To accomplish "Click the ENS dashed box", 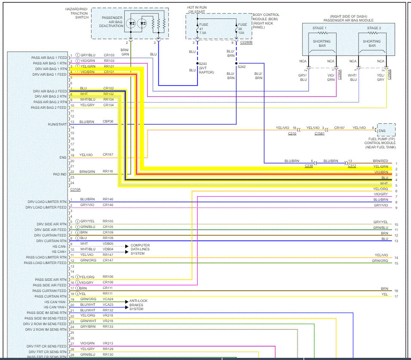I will pos(386,130).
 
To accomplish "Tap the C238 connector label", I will pos(309,166).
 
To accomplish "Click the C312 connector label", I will pos(352,166).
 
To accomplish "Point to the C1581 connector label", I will pos(319,133).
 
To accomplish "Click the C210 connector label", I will pos(292,133).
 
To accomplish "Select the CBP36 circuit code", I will pos(108,122).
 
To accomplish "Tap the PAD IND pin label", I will pos(59,174).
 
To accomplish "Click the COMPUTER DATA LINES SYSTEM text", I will pos(140,249).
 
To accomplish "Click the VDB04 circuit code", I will pos(108,249).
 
